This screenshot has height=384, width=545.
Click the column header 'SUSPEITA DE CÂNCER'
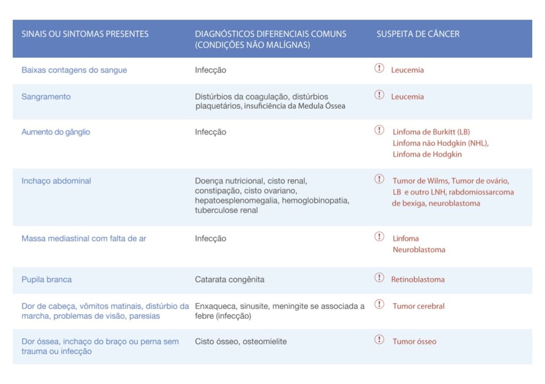click(418, 34)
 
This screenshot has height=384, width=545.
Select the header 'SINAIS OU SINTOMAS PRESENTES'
click(85, 34)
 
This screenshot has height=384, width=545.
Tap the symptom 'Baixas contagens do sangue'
click(74, 70)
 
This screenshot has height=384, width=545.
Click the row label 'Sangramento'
click(46, 97)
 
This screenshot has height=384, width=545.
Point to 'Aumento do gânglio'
click(55, 132)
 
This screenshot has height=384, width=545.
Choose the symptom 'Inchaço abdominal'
click(56, 181)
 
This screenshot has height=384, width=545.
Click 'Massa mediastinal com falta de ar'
click(84, 239)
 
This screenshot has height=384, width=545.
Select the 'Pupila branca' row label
click(46, 280)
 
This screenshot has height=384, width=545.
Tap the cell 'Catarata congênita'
click(229, 280)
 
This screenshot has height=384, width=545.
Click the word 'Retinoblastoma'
click(418, 280)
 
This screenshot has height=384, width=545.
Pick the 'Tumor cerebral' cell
click(418, 306)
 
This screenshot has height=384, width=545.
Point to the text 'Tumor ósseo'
click(414, 341)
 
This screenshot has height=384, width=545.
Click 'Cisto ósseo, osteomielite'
click(241, 341)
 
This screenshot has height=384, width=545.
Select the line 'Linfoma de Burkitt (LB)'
click(431, 132)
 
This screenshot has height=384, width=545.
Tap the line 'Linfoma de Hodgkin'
click(427, 155)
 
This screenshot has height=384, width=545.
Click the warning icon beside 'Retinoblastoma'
click(379, 278)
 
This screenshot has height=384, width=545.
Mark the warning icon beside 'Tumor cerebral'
click(379, 304)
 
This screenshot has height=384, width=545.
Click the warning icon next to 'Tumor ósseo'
click(379, 339)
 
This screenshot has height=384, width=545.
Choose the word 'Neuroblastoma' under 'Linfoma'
click(419, 250)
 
